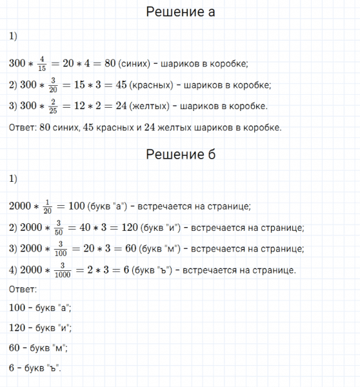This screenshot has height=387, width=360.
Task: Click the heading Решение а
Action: [180, 12]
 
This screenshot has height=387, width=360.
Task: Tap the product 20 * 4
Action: [79, 63]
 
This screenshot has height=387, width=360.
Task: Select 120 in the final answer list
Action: [18, 328]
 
